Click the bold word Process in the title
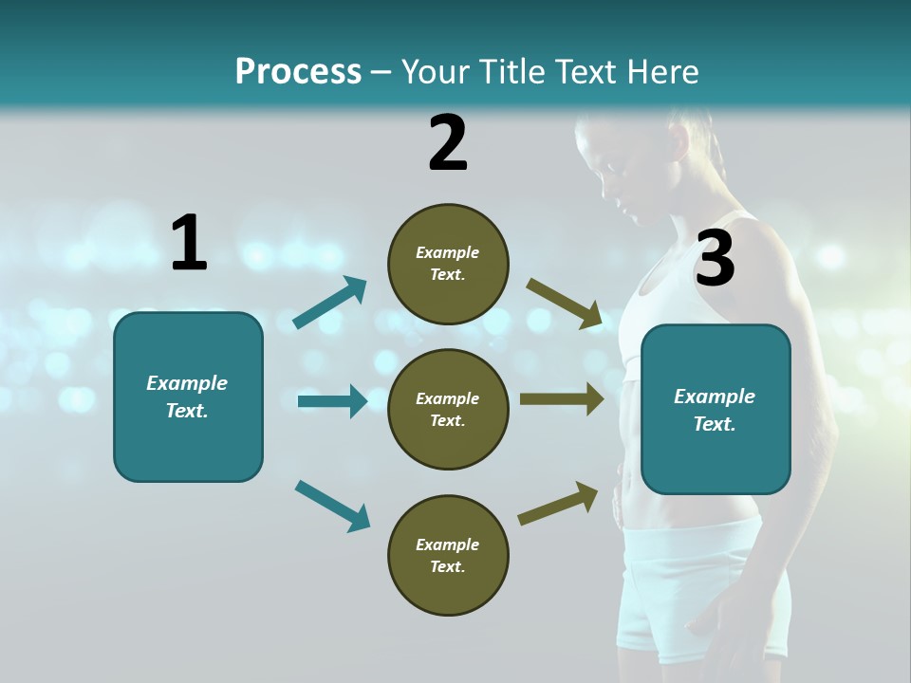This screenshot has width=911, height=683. (298, 71)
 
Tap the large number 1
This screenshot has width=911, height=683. (189, 243)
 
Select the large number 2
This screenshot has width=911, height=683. (448, 143)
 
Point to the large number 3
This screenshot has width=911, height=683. (715, 259)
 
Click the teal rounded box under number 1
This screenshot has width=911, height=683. (188, 397)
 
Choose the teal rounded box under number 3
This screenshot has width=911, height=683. (716, 409)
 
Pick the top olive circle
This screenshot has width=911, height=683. (448, 264)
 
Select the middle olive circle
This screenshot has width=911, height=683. (448, 409)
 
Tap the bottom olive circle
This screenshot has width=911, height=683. (448, 555)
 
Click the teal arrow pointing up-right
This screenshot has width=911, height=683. (330, 303)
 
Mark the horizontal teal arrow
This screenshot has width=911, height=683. (332, 401)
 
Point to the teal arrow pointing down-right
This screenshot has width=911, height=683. (332, 506)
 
